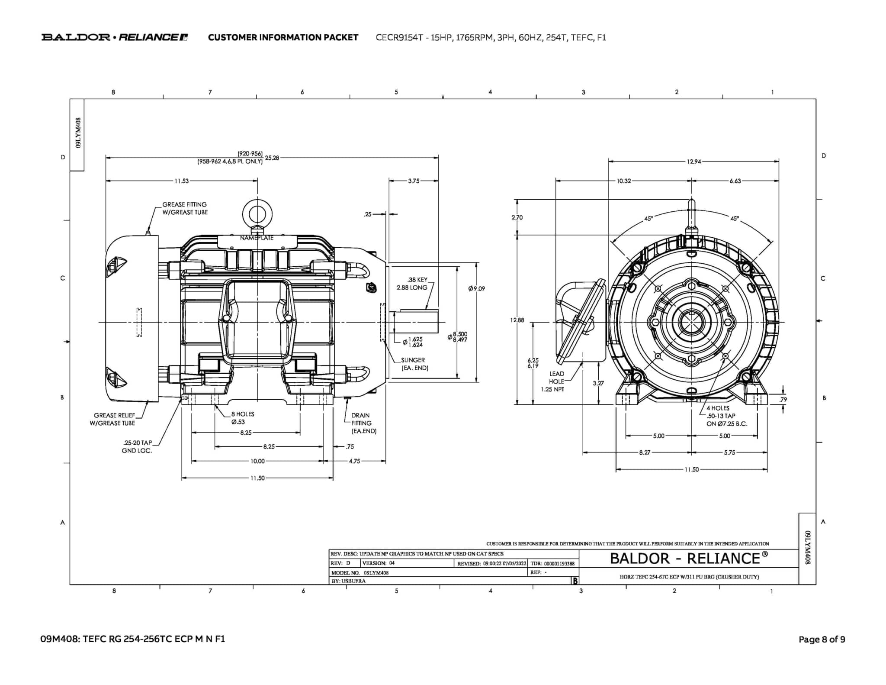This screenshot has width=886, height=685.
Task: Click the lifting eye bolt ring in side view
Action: pyautogui.click(x=257, y=214)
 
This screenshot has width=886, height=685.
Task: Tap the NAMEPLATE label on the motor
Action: pyautogui.click(x=257, y=238)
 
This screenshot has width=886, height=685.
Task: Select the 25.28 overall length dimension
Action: pyautogui.click(x=272, y=158)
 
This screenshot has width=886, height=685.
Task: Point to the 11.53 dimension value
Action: pyautogui.click(x=182, y=181)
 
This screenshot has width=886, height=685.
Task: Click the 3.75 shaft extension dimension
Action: pyautogui.click(x=414, y=181)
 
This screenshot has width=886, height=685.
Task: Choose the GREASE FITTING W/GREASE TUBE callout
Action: pyautogui.click(x=185, y=208)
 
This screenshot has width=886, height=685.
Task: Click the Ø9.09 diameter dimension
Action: pyautogui.click(x=476, y=288)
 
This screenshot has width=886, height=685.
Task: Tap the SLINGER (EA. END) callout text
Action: pyautogui.click(x=414, y=364)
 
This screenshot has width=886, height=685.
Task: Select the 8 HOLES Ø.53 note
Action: pyautogui.click(x=242, y=418)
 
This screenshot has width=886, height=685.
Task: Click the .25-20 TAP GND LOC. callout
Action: pyautogui.click(x=137, y=446)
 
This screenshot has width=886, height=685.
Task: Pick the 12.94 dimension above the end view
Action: pyautogui.click(x=693, y=162)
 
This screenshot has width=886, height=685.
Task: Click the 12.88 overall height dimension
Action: pyautogui.click(x=517, y=320)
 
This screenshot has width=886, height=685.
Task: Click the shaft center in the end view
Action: pyautogui.click(x=691, y=322)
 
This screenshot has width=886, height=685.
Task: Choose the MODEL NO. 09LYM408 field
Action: pyautogui.click(x=360, y=572)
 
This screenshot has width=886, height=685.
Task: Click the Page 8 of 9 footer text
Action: pyautogui.click(x=822, y=639)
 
